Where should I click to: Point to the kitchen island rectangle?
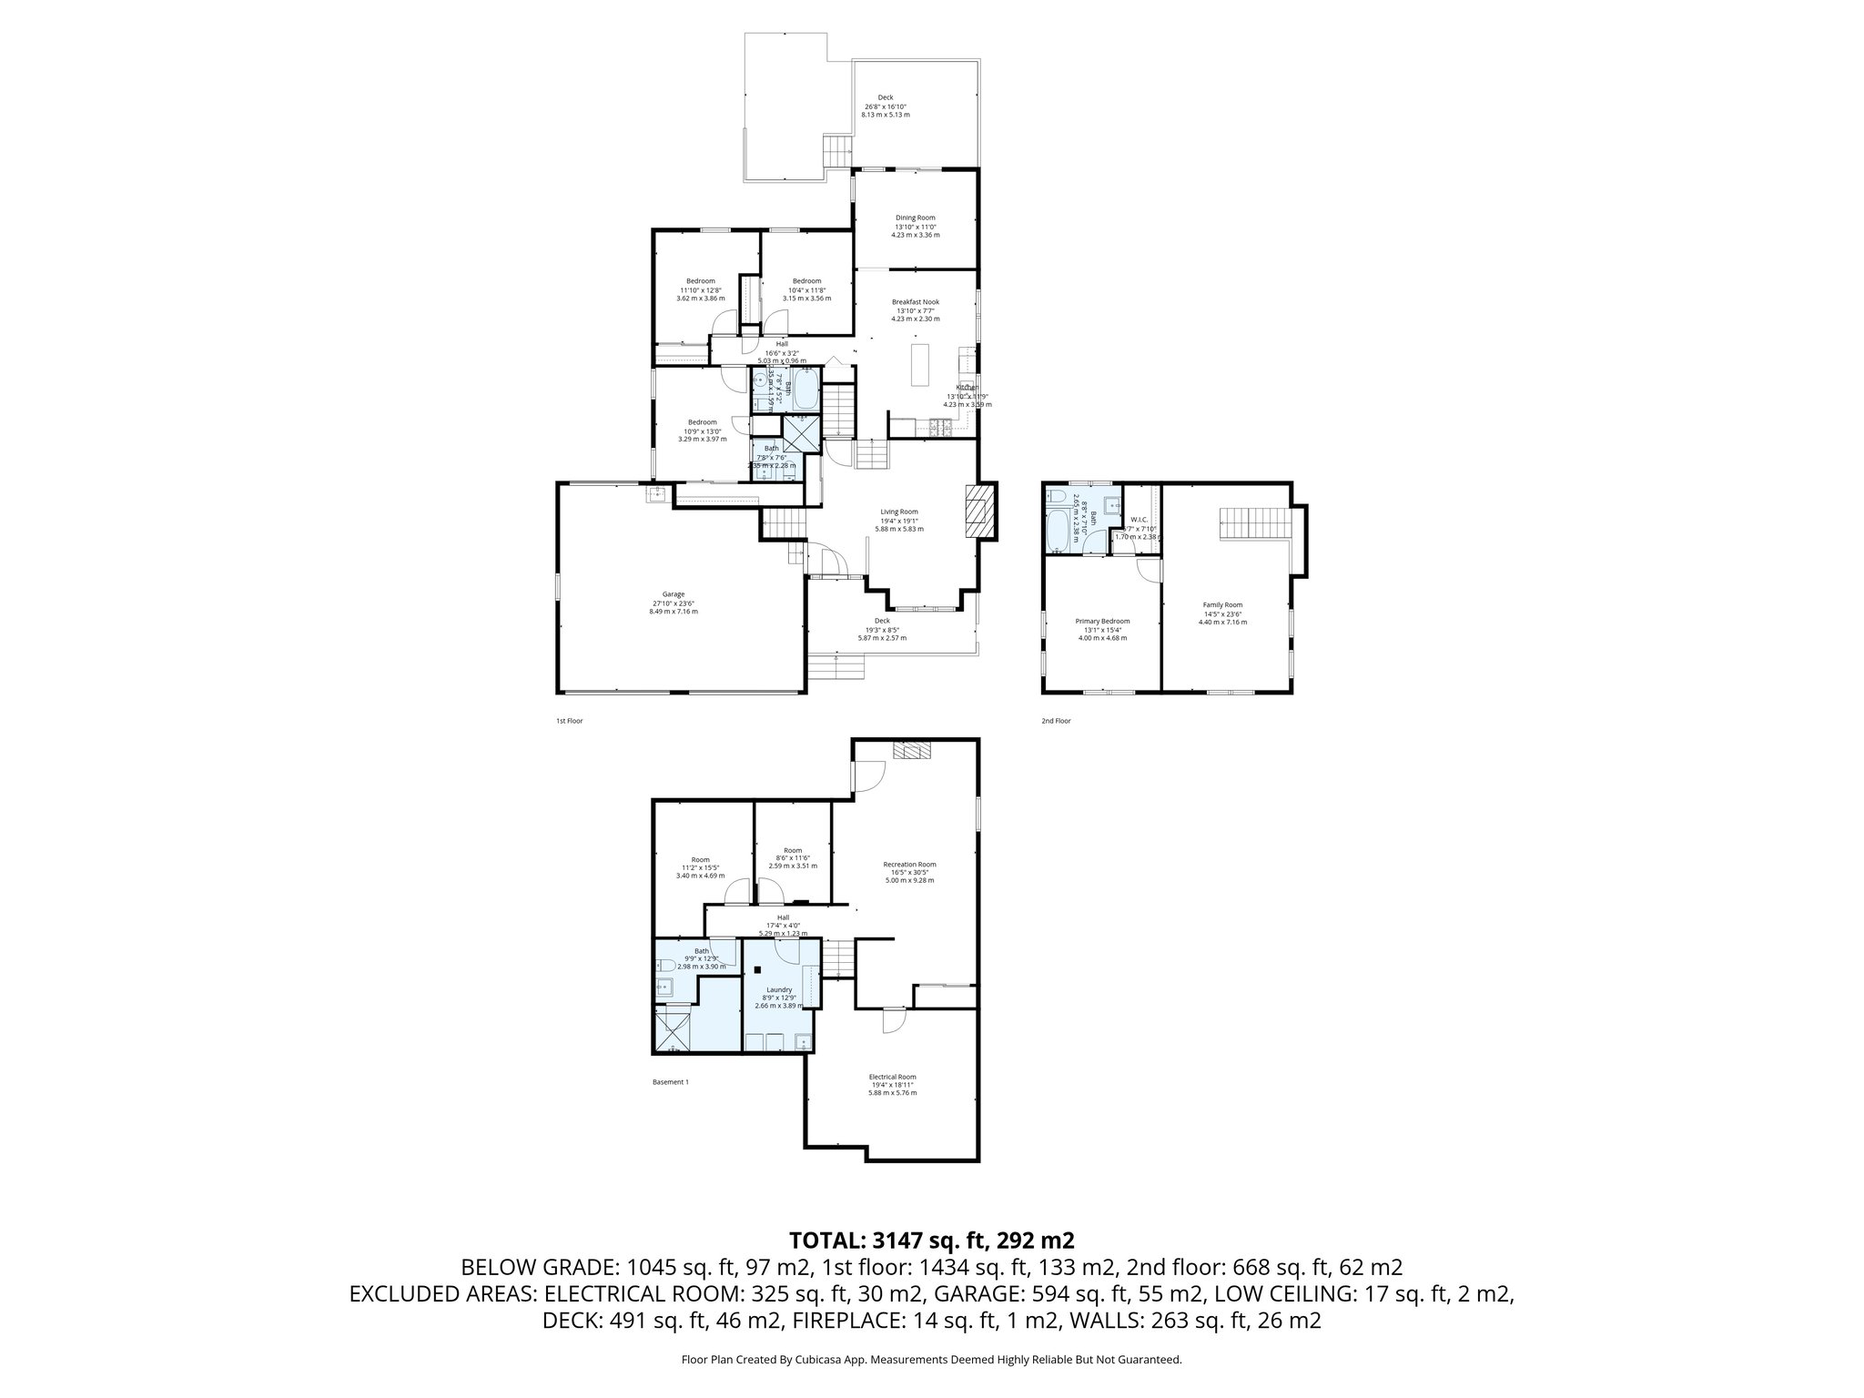pyautogui.click(x=918, y=366)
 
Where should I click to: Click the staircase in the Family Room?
pyautogui.click(x=1255, y=523)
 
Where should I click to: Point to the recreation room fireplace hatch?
pyautogui.click(x=913, y=749)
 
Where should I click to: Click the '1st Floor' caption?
pyautogui.click(x=569, y=721)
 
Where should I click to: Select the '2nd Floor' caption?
pyautogui.click(x=1056, y=721)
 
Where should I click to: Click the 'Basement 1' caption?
pyautogui.click(x=671, y=1082)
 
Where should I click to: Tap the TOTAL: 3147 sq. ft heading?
pyautogui.click(x=932, y=1240)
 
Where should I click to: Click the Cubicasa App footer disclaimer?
pyautogui.click(x=931, y=1360)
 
